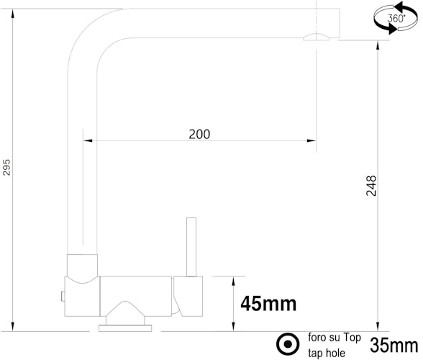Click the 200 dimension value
click(199, 134)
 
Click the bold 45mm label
click(268, 305)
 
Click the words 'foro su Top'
click(334, 337)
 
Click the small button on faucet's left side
click(63, 295)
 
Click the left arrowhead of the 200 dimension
click(88, 140)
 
